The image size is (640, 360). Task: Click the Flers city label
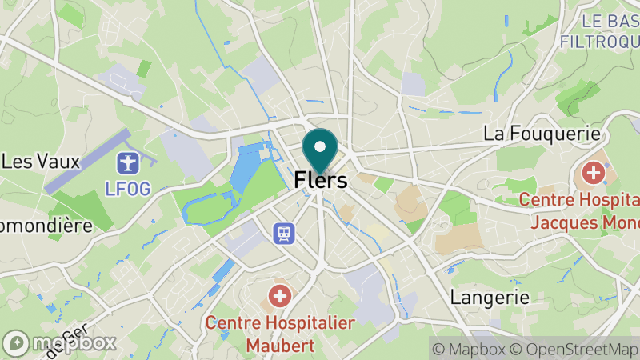(321, 181)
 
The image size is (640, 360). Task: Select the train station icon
(284, 233)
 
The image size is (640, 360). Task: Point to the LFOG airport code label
(127, 189)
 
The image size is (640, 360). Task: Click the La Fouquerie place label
(542, 133)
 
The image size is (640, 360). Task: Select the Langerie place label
(490, 298)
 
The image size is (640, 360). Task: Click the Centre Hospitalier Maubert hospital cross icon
(280, 297)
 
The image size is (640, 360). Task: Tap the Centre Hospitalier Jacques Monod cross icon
(594, 172)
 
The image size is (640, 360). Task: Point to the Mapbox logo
(60, 342)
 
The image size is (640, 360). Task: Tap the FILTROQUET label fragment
(600, 40)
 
